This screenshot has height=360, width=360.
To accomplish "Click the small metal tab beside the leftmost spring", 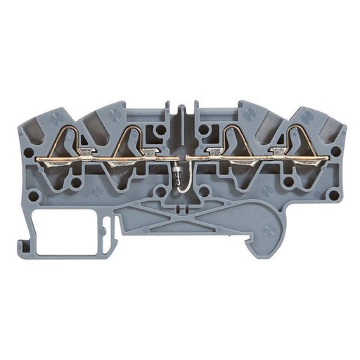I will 84,150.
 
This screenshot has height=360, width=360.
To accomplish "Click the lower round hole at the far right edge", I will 334,195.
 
